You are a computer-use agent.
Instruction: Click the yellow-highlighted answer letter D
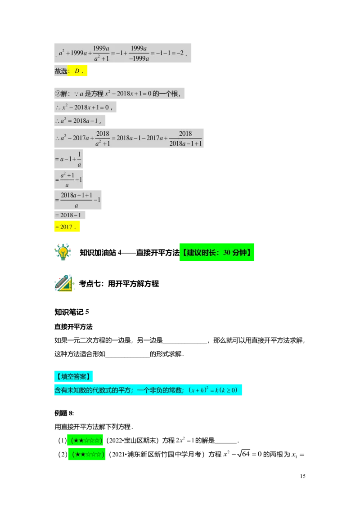[77, 71]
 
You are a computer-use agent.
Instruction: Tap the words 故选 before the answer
[61, 71]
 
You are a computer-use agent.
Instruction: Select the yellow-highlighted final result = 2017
[67, 227]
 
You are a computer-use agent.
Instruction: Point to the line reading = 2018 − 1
[67, 215]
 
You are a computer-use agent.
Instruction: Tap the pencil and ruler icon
[64, 283]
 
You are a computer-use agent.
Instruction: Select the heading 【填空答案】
[74, 376]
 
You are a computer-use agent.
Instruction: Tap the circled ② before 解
[57, 94]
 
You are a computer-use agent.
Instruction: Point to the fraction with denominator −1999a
[139, 53]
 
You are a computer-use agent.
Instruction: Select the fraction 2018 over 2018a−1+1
[185, 138]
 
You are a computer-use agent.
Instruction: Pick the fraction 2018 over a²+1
[103, 138]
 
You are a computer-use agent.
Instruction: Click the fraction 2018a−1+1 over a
[76, 200]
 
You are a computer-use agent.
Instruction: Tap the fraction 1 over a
[79, 159]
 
